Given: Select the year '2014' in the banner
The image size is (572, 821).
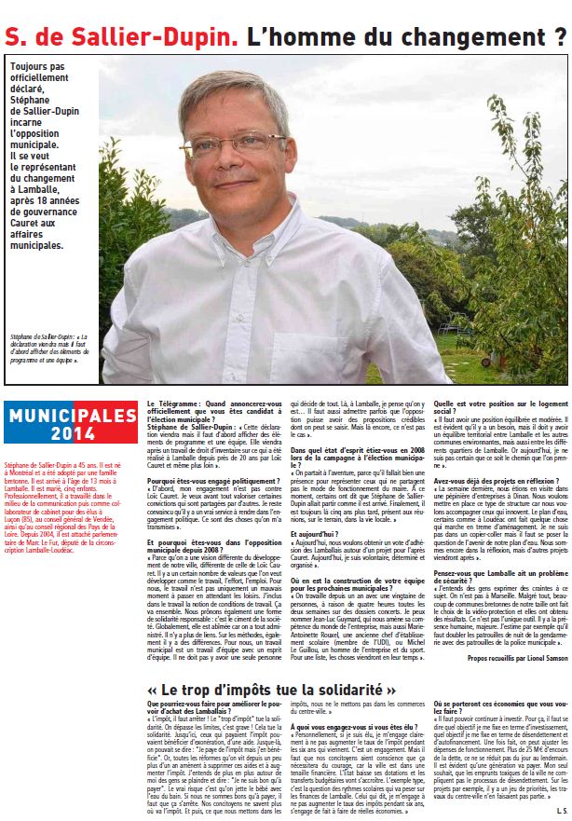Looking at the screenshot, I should [72, 433].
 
